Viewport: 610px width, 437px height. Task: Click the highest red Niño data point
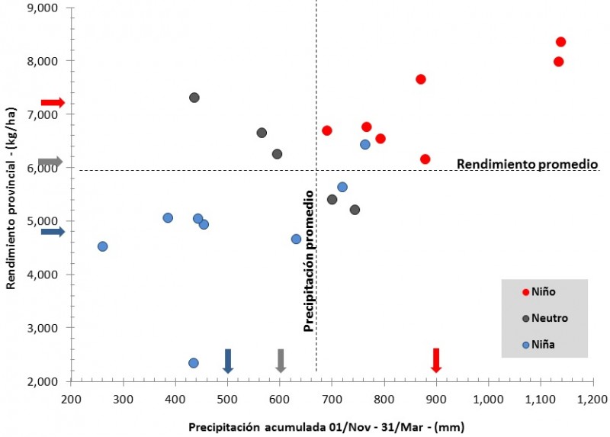561,42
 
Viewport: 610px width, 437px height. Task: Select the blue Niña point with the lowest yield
194,363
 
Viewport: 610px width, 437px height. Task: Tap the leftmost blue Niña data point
103,246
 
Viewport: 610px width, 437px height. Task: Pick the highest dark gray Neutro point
194,98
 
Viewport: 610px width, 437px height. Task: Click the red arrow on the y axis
53,102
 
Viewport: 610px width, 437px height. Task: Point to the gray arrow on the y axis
50,162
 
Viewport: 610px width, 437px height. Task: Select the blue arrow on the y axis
53,231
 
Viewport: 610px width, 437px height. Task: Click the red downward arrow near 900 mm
436,360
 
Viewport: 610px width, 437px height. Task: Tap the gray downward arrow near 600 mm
281,360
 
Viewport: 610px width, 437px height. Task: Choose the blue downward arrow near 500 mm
228,360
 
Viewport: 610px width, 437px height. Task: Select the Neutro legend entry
544,318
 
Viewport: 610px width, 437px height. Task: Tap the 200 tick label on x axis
71,398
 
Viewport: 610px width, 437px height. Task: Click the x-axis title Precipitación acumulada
326,426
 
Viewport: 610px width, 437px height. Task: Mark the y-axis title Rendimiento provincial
11,195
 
